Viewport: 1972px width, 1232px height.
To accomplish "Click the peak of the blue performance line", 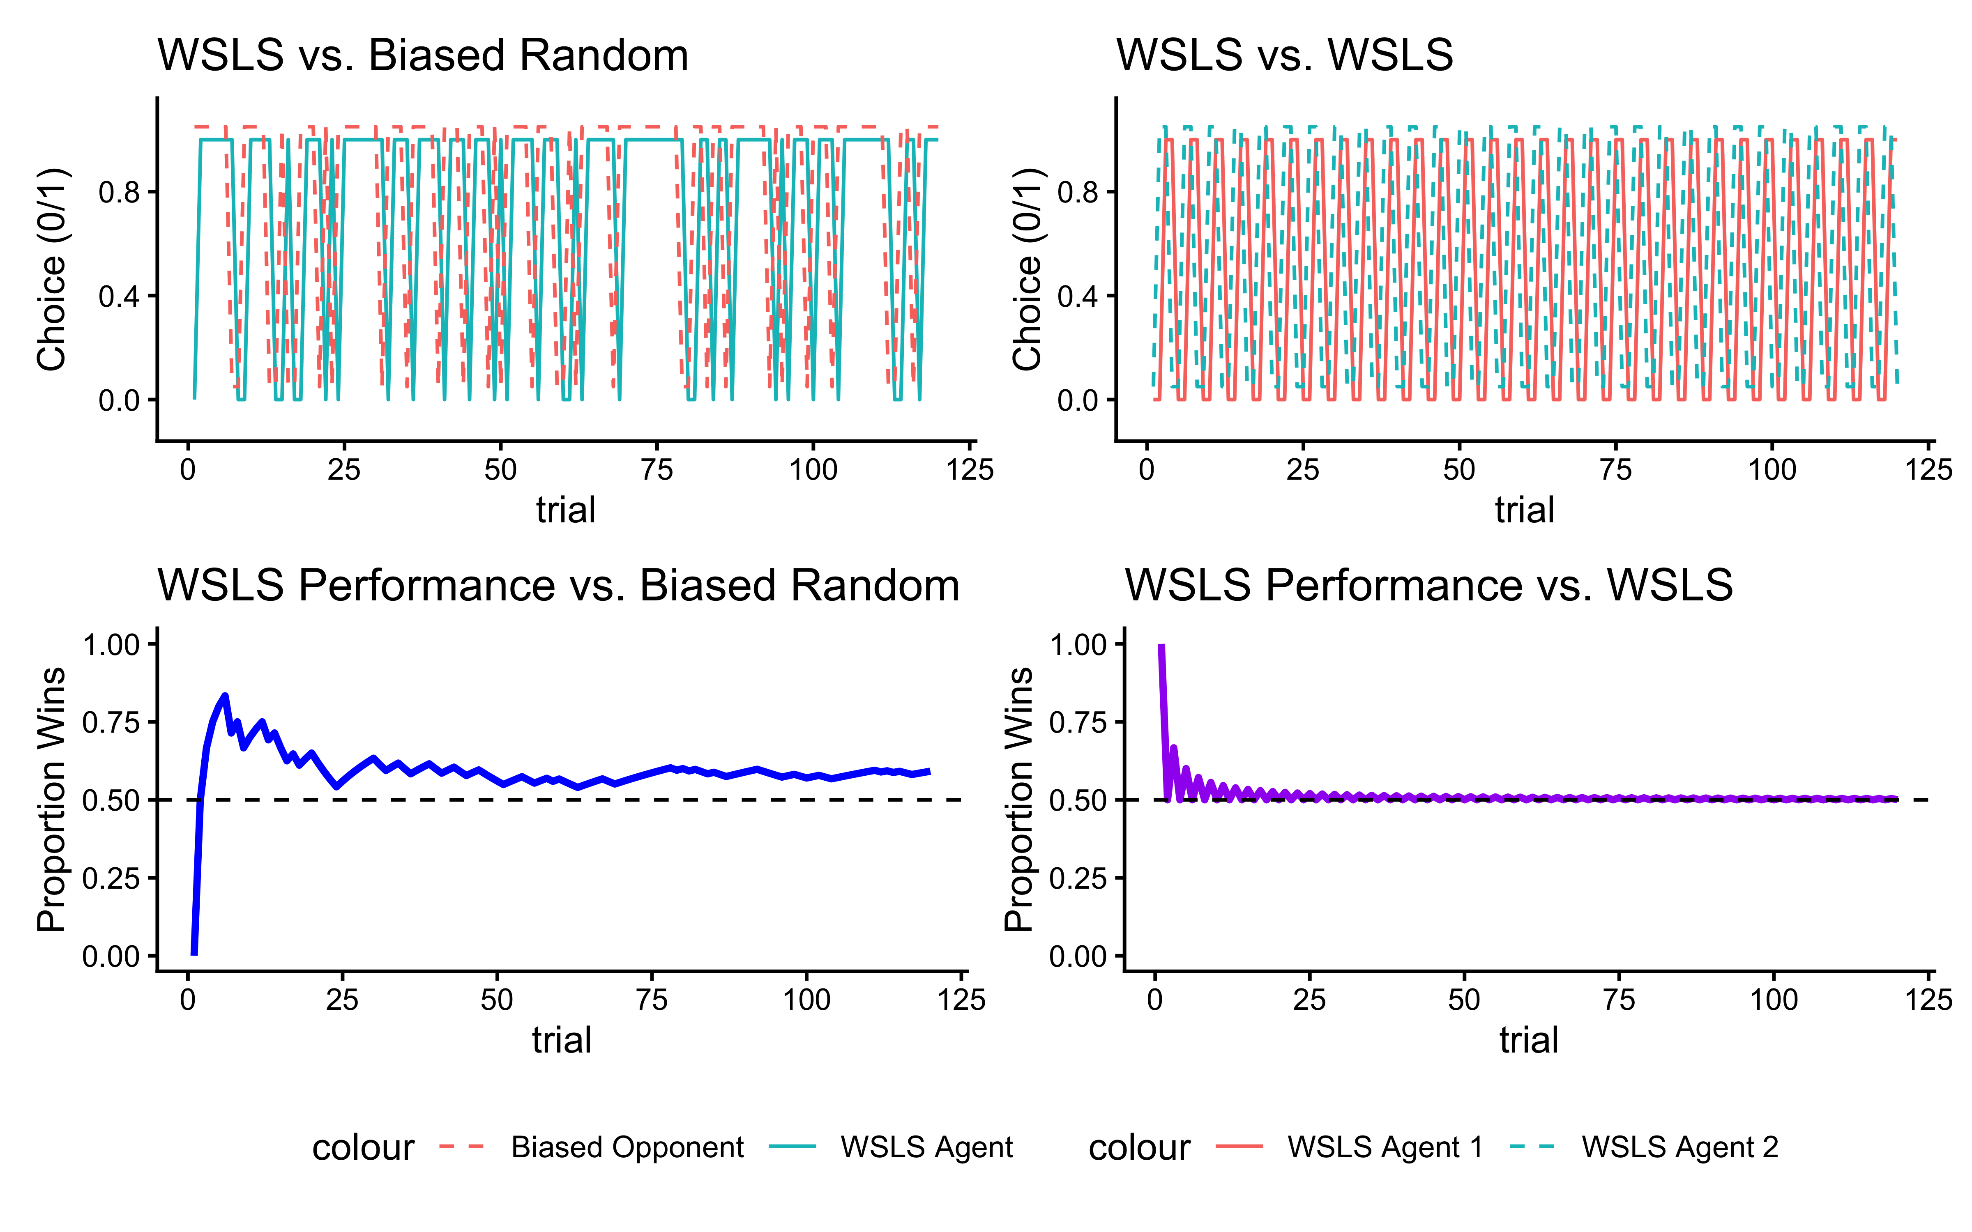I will click(x=225, y=695).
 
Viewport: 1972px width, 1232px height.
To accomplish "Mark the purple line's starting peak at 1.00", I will click(x=1161, y=645).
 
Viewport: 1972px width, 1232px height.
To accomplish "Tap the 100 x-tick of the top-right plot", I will click(x=1772, y=470).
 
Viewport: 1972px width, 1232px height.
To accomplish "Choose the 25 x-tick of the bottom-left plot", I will click(x=342, y=1000).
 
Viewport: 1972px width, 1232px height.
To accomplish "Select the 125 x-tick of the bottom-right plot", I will click(x=1928, y=1000).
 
